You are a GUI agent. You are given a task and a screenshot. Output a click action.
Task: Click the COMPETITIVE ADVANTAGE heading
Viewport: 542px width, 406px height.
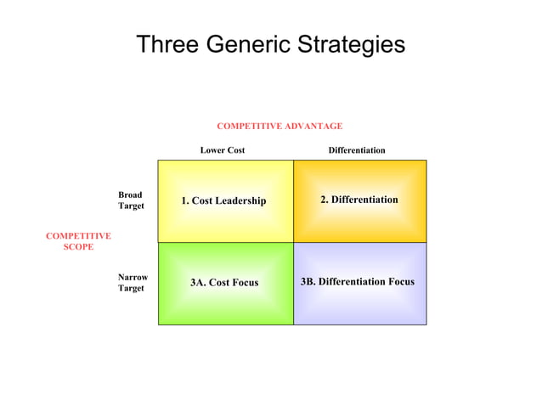279,126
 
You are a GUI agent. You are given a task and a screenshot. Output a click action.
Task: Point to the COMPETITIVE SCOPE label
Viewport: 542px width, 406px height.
78,241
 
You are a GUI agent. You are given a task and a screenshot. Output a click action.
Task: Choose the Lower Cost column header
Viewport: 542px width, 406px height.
223,150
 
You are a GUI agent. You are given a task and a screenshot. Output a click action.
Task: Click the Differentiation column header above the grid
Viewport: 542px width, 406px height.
357,150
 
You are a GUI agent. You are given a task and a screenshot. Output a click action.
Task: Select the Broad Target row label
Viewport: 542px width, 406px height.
131,200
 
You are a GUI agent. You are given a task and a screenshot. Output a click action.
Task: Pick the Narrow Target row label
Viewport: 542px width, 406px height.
133,282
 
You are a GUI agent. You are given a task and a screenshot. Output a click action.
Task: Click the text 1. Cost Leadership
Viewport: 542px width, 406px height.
223,200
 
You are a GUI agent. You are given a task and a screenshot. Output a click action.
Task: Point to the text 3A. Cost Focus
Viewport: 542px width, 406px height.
224,282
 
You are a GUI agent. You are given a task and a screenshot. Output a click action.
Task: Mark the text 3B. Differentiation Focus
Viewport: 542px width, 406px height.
358,281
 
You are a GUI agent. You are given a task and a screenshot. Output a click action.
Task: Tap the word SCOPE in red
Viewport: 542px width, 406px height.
78,247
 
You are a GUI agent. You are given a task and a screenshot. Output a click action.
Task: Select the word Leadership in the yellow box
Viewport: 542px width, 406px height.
240,200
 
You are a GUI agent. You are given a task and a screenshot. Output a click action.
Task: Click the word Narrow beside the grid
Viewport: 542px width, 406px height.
133,277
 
